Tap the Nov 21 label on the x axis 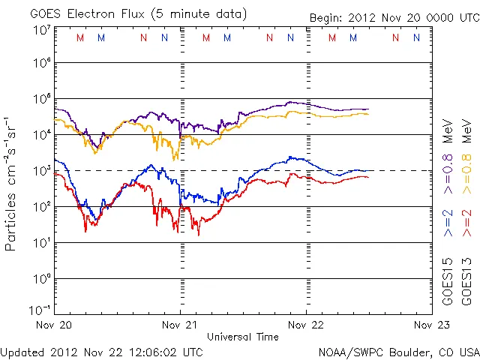(x=180, y=325)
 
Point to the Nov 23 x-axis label (x=431, y=325)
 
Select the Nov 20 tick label (x=55, y=325)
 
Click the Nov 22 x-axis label (x=306, y=325)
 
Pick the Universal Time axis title (x=243, y=337)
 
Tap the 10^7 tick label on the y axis (x=41, y=31)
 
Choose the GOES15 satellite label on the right (x=448, y=280)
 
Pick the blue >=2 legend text (x=448, y=223)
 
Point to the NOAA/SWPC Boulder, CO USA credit (x=398, y=352)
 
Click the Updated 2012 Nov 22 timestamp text (x=102, y=352)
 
